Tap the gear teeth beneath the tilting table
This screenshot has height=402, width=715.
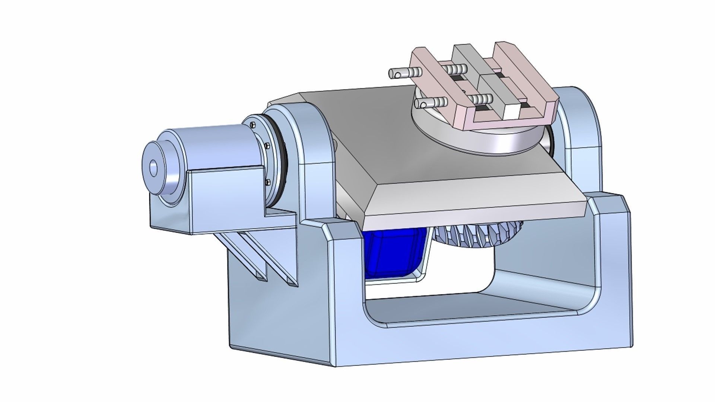(480, 234)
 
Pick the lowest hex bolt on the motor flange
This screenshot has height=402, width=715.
(267, 182)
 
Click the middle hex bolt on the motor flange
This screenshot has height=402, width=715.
(266, 145)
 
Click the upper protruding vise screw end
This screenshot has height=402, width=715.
(397, 73)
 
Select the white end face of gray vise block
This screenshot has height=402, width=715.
(511, 112)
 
